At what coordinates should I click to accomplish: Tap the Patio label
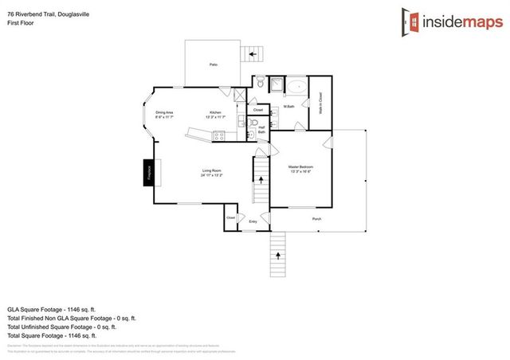click(x=213, y=65)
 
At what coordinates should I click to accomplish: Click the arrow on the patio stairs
click(x=256, y=54)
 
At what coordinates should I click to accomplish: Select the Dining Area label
click(x=164, y=113)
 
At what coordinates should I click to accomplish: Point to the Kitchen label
click(x=215, y=113)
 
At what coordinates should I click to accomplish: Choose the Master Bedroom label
click(x=300, y=166)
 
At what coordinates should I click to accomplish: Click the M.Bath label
click(x=288, y=107)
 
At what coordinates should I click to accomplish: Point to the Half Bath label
click(x=261, y=130)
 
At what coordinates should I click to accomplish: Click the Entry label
click(x=253, y=221)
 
